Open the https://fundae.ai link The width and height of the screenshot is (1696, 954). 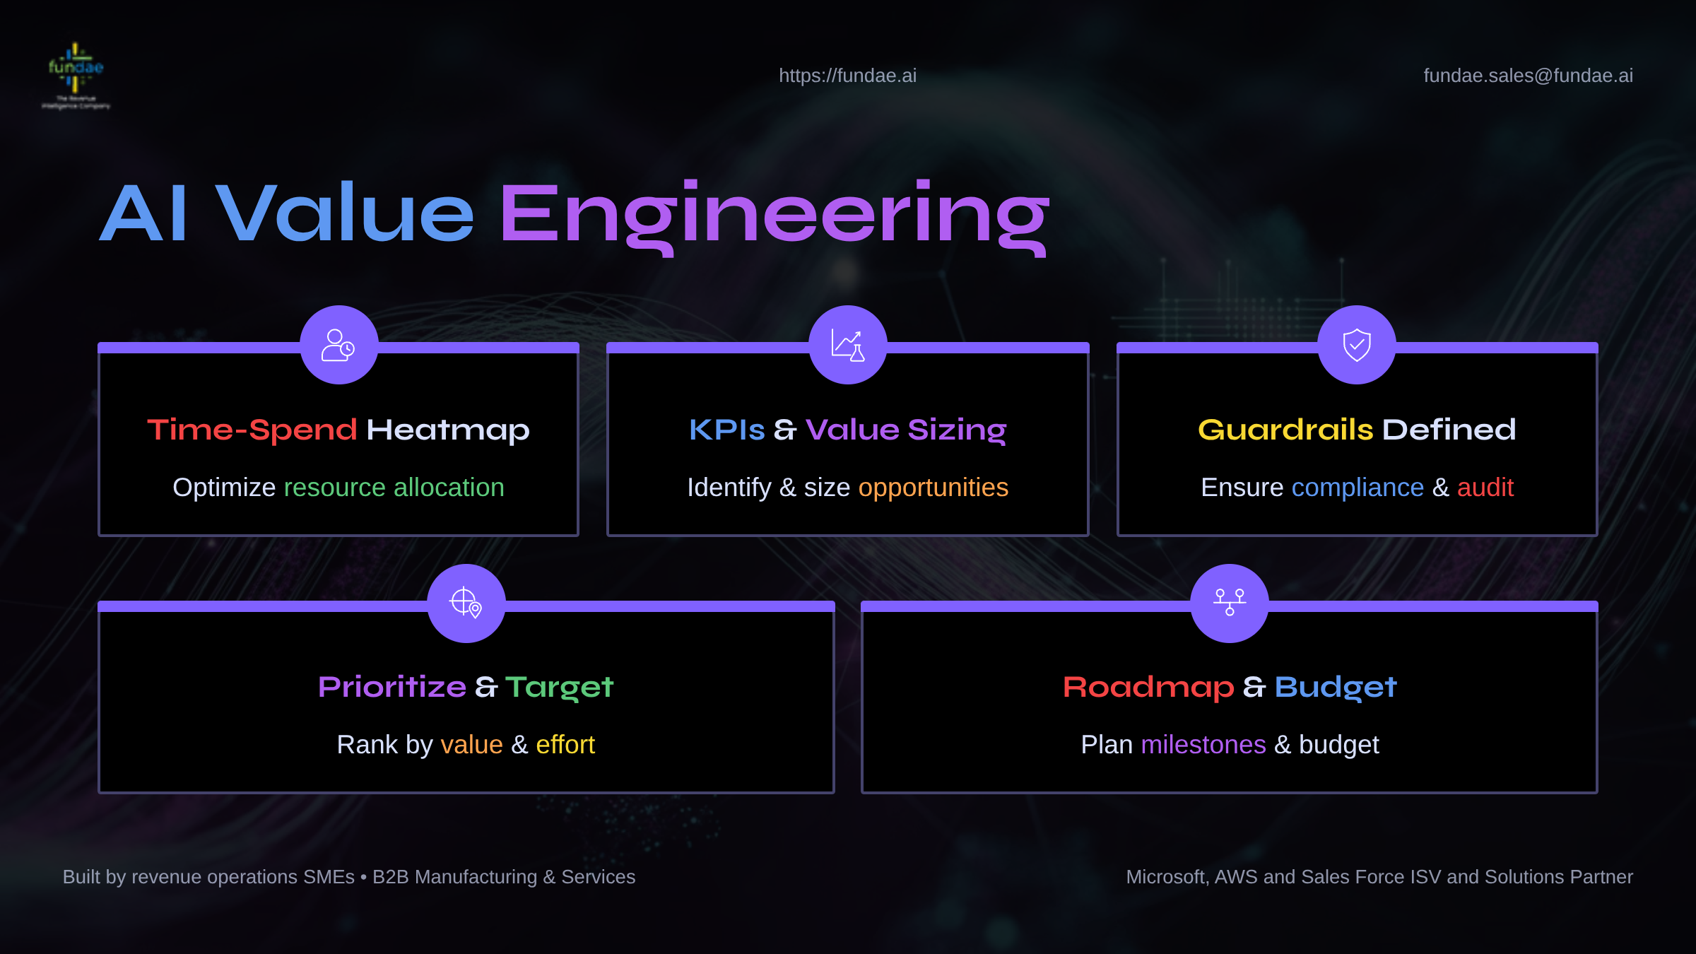[847, 76]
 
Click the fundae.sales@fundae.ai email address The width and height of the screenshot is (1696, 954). [1528, 76]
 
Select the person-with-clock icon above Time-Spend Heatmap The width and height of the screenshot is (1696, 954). [338, 345]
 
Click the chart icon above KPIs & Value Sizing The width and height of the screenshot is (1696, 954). [847, 345]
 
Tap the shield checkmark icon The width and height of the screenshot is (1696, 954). [1357, 345]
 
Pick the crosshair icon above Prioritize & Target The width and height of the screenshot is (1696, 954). [466, 603]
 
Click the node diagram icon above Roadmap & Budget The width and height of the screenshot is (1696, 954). [1230, 603]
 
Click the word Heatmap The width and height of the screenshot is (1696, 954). [448, 430]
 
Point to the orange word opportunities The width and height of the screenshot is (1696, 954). [933, 488]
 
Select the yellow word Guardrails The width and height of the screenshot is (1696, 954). [1285, 430]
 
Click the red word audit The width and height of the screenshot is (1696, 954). [1485, 488]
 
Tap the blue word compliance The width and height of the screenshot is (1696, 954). [1358, 488]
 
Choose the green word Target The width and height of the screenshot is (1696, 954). [559, 688]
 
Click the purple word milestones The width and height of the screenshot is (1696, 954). [1203, 745]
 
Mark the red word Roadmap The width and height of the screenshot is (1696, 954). [1148, 687]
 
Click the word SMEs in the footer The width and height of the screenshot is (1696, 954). [329, 877]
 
